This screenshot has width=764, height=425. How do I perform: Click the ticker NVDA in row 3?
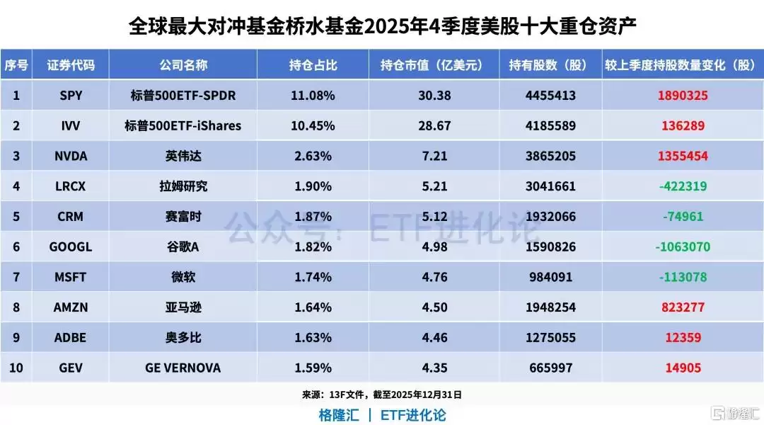[71, 156]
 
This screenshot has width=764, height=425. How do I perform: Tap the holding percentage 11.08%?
[312, 95]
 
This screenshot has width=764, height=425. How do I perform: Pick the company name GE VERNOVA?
[183, 368]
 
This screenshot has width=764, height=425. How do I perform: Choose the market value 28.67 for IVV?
[434, 125]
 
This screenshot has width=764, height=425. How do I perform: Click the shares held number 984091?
[552, 277]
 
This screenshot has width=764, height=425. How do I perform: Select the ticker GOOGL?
[71, 247]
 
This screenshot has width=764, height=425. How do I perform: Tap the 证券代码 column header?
[71, 65]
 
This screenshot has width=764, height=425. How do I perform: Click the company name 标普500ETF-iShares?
[183, 125]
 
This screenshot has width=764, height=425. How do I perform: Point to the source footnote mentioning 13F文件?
[381, 395]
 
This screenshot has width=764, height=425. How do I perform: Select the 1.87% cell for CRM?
[312, 217]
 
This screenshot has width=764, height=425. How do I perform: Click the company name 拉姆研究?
[183, 186]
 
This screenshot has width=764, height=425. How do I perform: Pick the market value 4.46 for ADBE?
[434, 338]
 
